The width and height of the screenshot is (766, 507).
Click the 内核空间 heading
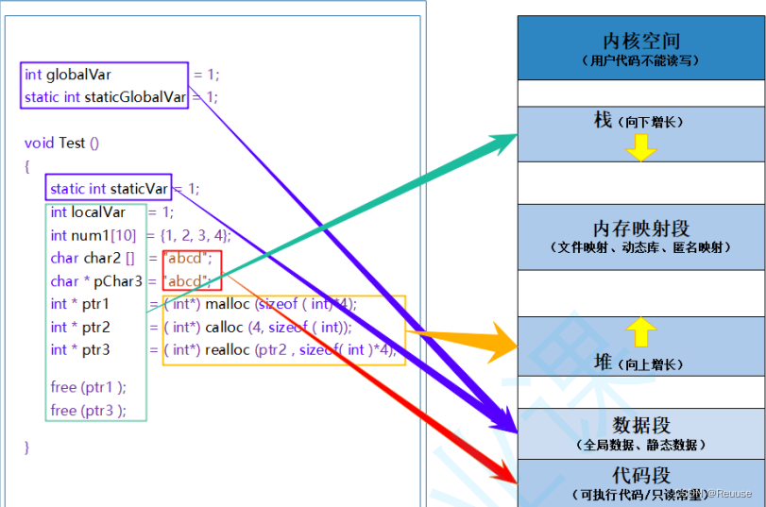pyautogui.click(x=640, y=41)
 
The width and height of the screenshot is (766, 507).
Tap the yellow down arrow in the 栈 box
pyautogui.click(x=640, y=147)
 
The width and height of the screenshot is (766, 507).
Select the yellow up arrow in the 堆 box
pyautogui.click(x=640, y=331)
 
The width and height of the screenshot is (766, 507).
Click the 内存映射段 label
pyautogui.click(x=640, y=228)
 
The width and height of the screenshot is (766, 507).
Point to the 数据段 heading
pyautogui.click(x=640, y=424)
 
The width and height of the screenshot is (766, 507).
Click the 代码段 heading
pyautogui.click(x=640, y=474)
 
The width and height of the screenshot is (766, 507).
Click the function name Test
pyautogui.click(x=72, y=143)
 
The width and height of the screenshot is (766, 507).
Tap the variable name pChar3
pyautogui.click(x=117, y=281)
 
